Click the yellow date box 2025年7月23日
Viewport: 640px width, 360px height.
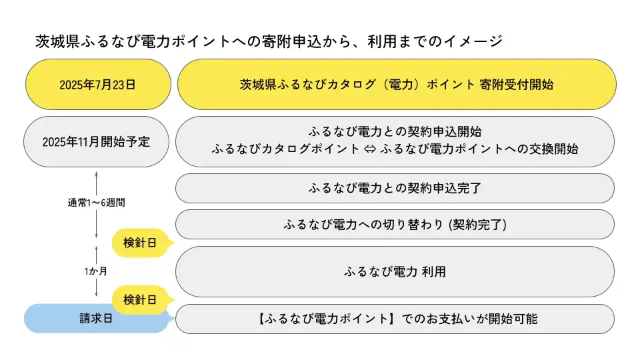click(x=99, y=85)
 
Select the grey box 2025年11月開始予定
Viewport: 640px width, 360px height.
click(x=96, y=141)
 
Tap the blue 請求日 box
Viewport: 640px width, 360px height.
click(x=96, y=319)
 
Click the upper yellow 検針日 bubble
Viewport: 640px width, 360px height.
click(x=140, y=243)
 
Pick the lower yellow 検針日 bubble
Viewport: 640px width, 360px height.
click(x=140, y=300)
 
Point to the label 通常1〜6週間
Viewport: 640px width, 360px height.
click(x=96, y=203)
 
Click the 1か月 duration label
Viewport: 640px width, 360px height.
click(x=96, y=271)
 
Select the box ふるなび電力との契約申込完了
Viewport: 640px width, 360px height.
click(x=395, y=188)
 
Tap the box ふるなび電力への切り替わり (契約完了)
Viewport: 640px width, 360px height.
click(x=395, y=225)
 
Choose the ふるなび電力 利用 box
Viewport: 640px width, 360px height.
click(x=395, y=271)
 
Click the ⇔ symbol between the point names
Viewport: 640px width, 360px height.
click(x=370, y=149)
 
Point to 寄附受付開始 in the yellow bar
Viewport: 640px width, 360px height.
click(x=516, y=85)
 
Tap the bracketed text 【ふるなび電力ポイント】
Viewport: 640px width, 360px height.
click(x=326, y=319)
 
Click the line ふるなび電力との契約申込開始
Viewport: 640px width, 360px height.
click(x=395, y=131)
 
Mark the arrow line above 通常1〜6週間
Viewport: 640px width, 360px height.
click(x=96, y=183)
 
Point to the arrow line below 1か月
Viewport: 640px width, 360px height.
click(x=96, y=287)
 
